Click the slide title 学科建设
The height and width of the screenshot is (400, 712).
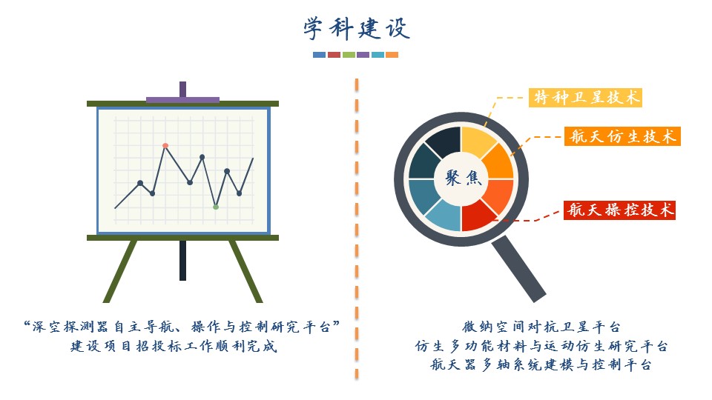pos(357,29)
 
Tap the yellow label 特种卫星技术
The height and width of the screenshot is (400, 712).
pos(585,98)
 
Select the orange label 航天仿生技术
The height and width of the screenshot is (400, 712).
pos(622,136)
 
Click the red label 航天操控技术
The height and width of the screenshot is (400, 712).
pos(620,210)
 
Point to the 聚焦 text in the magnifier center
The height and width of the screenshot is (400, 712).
pos(463,178)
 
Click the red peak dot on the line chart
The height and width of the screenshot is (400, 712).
pos(165,146)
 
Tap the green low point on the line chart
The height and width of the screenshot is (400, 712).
pos(216,207)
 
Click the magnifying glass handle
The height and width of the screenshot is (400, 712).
pos(519,268)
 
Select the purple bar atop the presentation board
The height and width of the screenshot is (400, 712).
pos(182,100)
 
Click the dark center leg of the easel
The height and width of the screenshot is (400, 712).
pos(182,260)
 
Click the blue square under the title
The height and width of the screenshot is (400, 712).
pos(319,55)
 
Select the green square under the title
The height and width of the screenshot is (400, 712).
pos(349,55)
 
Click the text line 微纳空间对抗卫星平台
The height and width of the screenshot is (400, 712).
pos(541,327)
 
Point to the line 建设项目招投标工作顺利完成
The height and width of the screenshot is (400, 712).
pos(174,346)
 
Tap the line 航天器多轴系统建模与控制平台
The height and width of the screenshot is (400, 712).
pos(541,364)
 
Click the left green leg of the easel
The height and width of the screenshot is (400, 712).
pos(120,271)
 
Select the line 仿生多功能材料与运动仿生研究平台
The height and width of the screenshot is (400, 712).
pos(541,346)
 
